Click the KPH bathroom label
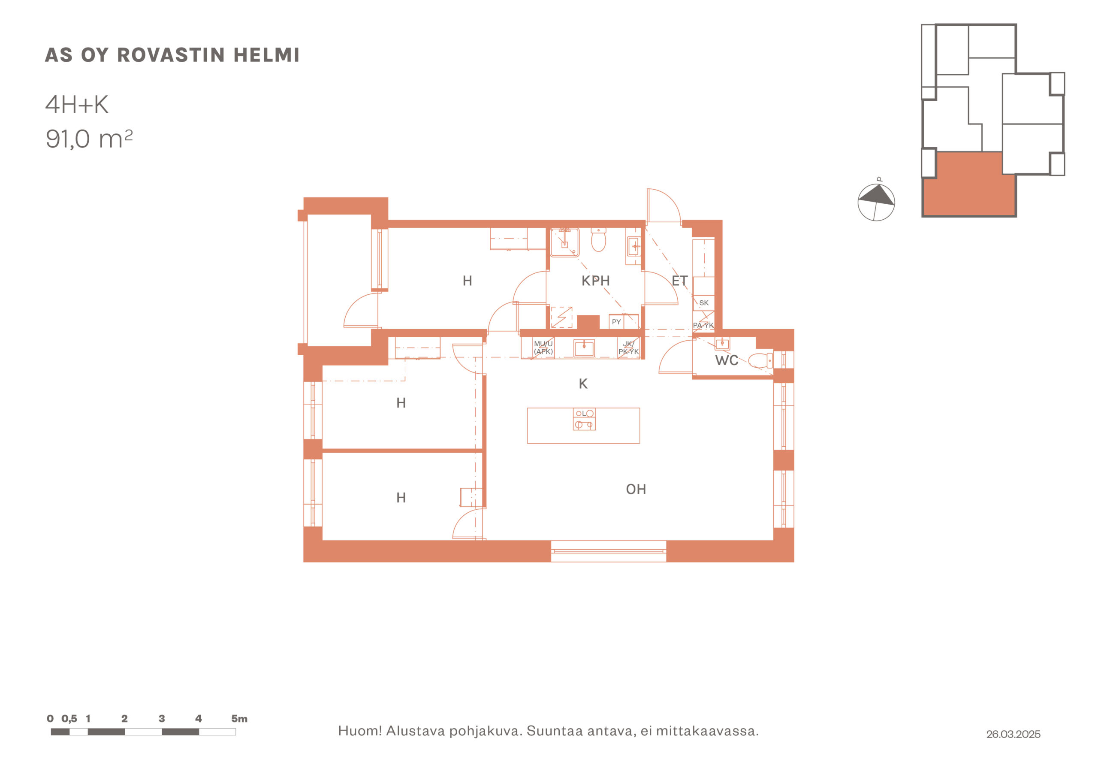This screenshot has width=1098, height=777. pyautogui.click(x=595, y=281)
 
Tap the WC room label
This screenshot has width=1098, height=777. pyautogui.click(x=727, y=360)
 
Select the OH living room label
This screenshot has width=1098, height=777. pyautogui.click(x=636, y=489)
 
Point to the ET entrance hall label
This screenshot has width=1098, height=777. pyautogui.click(x=679, y=281)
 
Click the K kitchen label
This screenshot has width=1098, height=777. pyautogui.click(x=583, y=384)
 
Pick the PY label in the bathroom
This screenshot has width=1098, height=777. pyautogui.click(x=616, y=322)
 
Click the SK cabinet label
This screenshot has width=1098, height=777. pyautogui.click(x=703, y=303)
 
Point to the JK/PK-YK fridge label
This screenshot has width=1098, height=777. pyautogui.click(x=628, y=348)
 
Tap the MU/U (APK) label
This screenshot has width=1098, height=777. pyautogui.click(x=543, y=348)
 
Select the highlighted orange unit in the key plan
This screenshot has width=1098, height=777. pyautogui.click(x=969, y=184)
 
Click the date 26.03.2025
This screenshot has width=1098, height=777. pyautogui.click(x=1013, y=734)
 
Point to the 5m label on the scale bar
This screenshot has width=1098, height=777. pyautogui.click(x=239, y=719)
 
